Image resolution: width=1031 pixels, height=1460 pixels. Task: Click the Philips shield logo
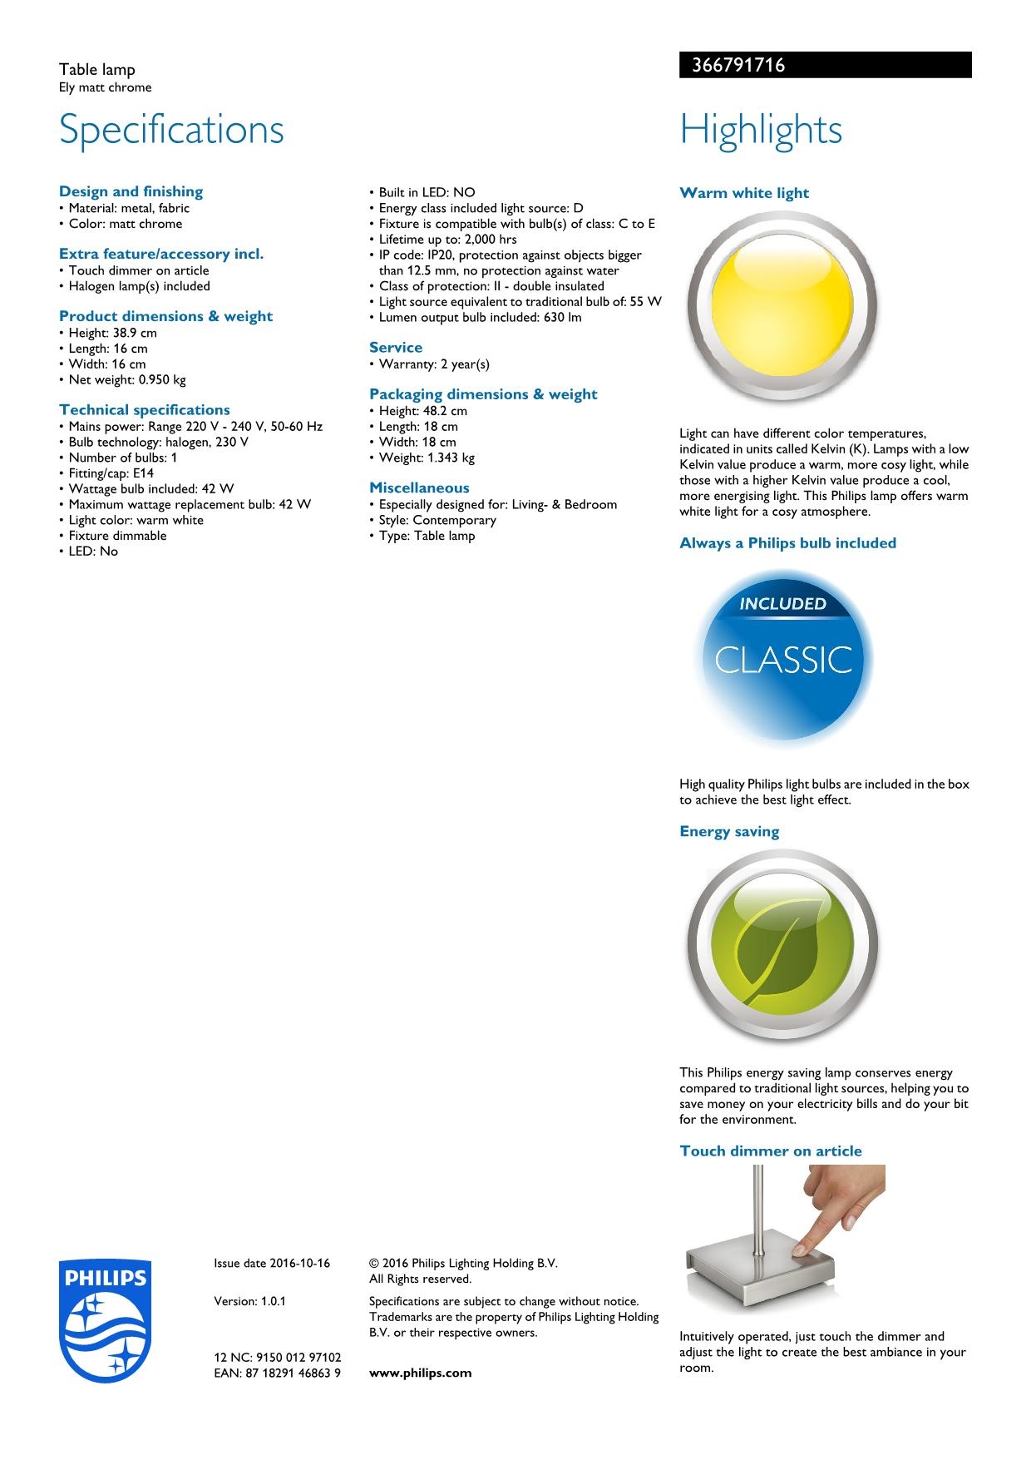click(106, 1320)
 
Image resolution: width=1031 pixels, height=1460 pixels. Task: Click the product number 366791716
click(733, 66)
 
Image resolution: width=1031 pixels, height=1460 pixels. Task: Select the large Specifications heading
click(171, 130)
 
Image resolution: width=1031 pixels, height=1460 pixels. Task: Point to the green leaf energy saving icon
click(782, 946)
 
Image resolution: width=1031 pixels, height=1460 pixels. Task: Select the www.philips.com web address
click(420, 1373)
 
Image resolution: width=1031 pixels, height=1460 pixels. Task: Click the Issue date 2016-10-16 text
click(272, 1263)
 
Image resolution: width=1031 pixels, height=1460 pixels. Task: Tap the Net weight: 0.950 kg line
click(127, 379)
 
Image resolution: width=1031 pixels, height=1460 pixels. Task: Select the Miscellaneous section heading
click(419, 487)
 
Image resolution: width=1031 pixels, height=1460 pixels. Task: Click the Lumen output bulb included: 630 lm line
click(480, 317)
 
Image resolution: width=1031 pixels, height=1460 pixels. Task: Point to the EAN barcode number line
click(278, 1373)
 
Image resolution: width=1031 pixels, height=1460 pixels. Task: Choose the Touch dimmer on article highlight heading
click(771, 1151)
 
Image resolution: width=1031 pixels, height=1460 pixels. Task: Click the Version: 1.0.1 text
click(250, 1301)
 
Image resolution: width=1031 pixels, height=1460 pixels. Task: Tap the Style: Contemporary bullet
click(437, 520)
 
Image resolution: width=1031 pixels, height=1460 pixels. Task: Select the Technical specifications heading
click(145, 409)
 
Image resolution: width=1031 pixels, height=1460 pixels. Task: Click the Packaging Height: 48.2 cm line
click(422, 410)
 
